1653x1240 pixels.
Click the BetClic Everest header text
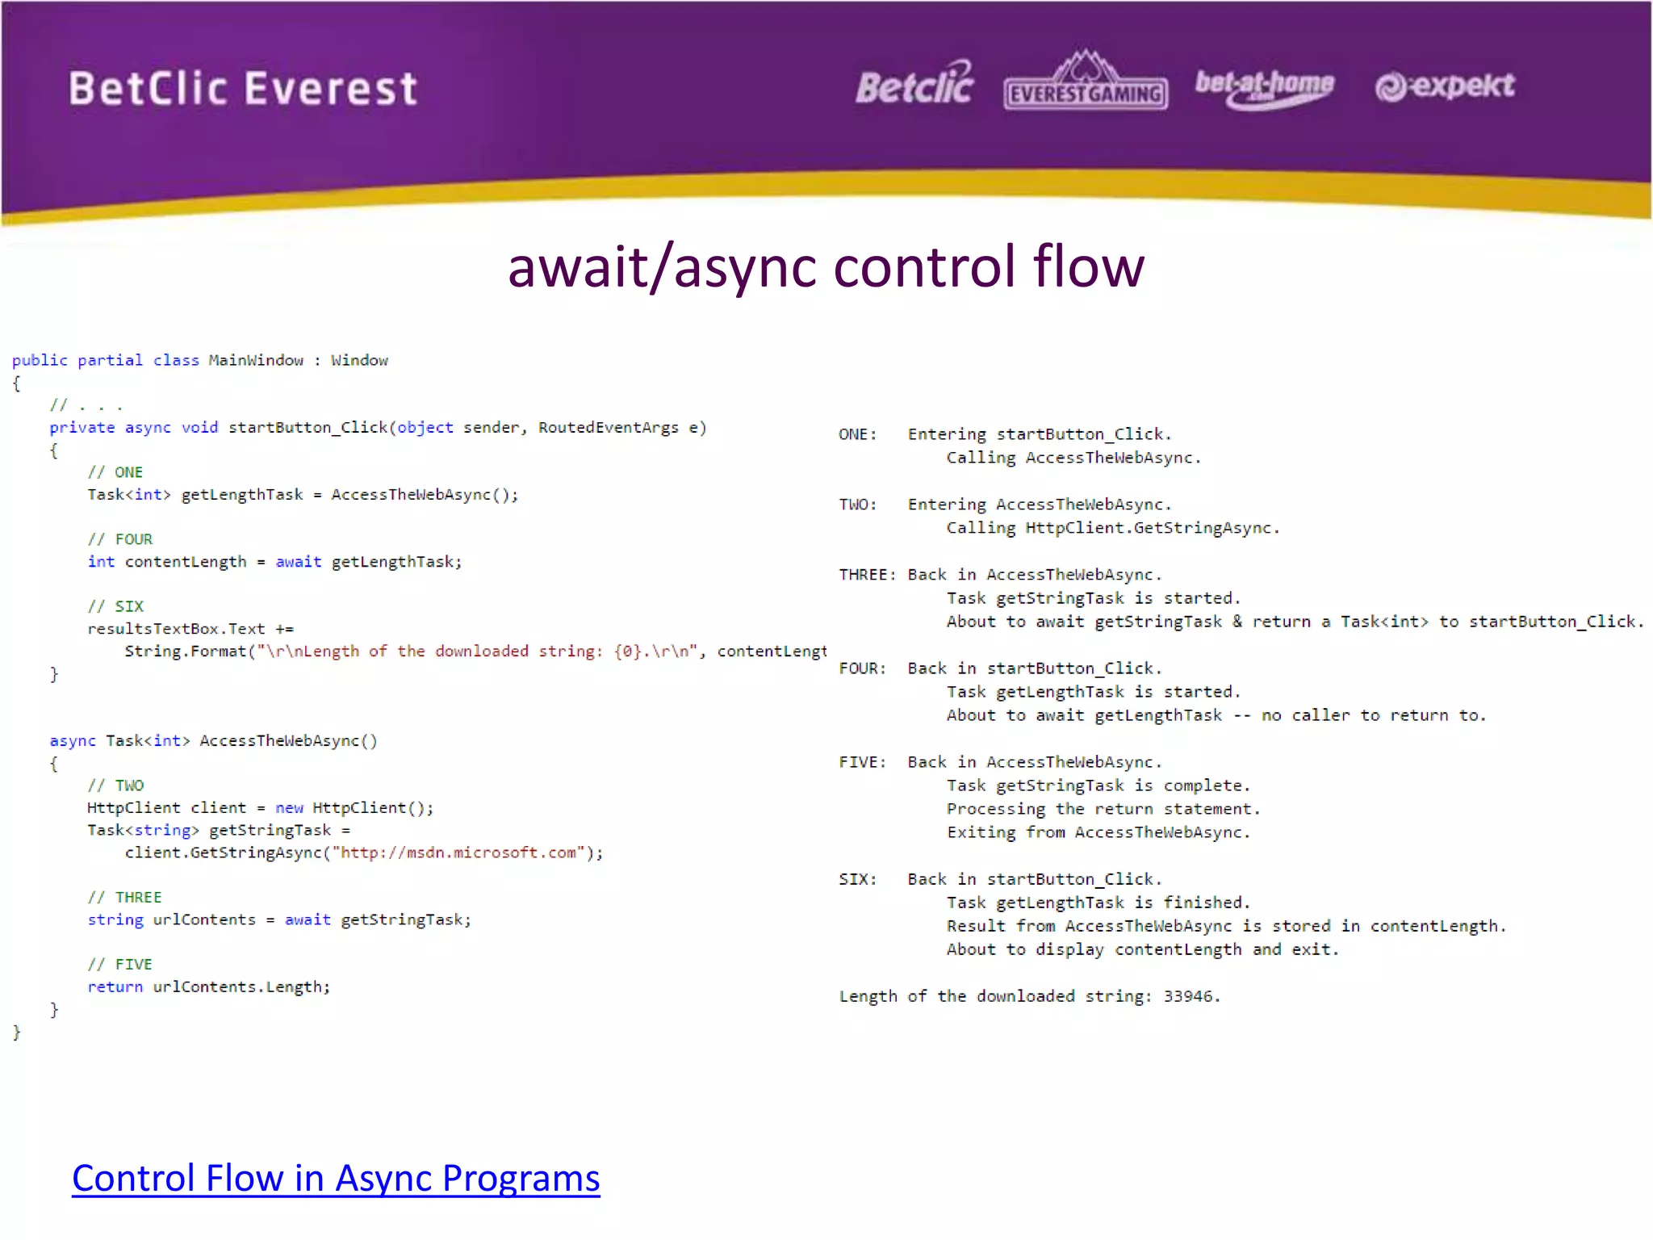(x=243, y=88)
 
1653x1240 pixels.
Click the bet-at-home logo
(x=1264, y=86)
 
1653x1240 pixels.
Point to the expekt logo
(x=1445, y=86)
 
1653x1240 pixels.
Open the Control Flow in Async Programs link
(x=336, y=1178)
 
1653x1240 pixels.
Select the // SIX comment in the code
(x=116, y=606)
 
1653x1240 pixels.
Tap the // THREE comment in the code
(x=125, y=898)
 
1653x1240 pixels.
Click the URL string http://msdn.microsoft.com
(x=458, y=852)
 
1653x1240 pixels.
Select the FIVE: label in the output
(x=862, y=762)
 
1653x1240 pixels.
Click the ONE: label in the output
(x=858, y=434)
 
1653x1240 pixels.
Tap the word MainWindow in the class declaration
(x=256, y=360)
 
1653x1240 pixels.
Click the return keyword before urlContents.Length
(x=115, y=987)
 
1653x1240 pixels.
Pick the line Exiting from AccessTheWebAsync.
(x=1098, y=832)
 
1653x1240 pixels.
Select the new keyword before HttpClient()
(x=289, y=808)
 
